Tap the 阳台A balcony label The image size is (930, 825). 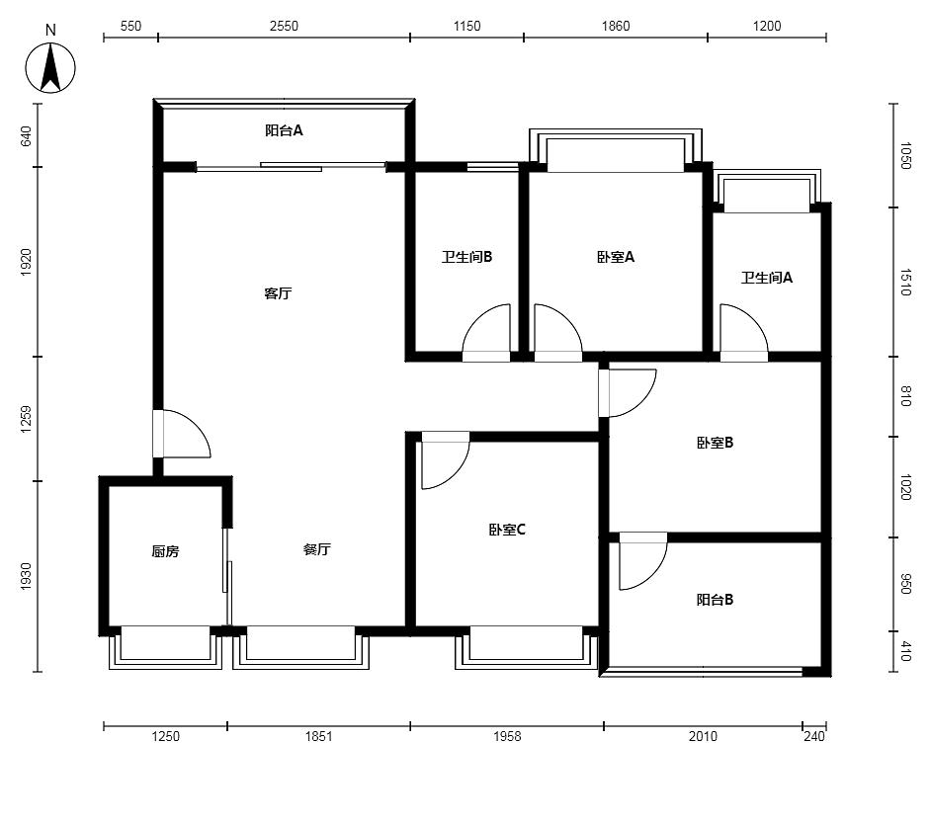284,129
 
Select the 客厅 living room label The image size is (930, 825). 278,293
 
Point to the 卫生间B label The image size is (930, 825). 466,257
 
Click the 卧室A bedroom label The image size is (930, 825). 616,257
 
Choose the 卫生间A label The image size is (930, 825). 766,277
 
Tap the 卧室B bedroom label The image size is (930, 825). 715,443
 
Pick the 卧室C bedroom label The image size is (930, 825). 507,529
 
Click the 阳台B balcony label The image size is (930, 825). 715,599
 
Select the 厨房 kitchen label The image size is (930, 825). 165,551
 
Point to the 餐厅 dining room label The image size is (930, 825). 316,549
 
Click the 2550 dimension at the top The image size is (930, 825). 284,26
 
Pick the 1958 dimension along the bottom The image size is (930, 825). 507,736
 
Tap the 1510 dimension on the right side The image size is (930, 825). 905,282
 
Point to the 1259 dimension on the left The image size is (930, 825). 26,419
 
